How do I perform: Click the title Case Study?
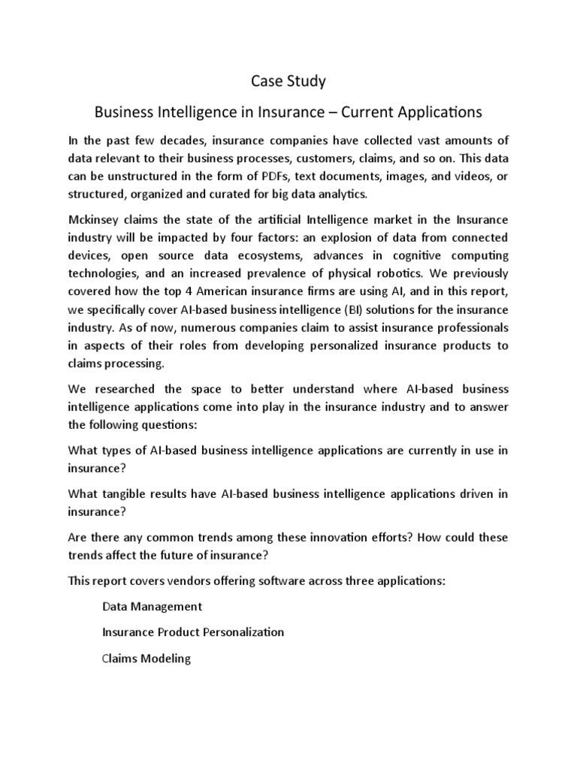point(288,80)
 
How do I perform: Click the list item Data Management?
point(153,606)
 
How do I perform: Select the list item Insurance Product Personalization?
point(193,632)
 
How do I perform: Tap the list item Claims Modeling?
point(147,659)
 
